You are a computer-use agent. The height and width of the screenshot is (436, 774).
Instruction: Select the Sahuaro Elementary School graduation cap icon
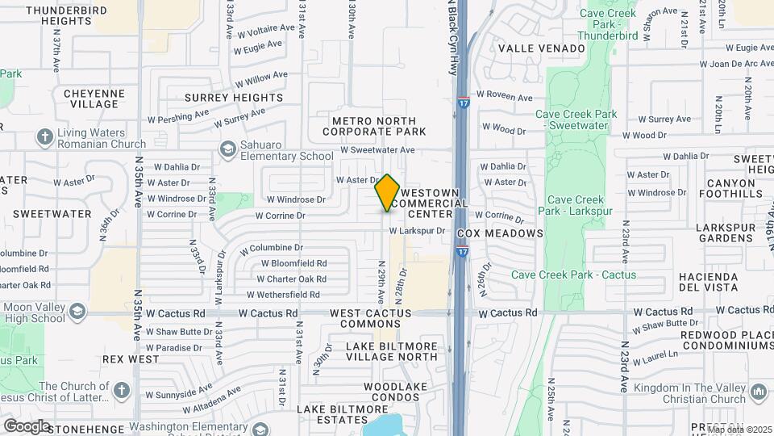pyautogui.click(x=228, y=149)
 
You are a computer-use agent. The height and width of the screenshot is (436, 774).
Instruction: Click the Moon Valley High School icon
pyautogui.click(x=77, y=312)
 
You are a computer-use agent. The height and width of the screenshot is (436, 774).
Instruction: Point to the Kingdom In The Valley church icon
pyautogui.click(x=757, y=392)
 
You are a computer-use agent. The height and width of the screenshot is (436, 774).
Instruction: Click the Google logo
pyautogui.click(x=27, y=426)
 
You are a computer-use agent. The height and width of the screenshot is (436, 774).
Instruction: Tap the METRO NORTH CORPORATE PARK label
pyautogui.click(x=378, y=126)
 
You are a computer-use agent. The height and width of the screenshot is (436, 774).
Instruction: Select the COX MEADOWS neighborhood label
pyautogui.click(x=500, y=233)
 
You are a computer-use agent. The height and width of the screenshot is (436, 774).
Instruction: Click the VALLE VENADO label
pyautogui.click(x=541, y=48)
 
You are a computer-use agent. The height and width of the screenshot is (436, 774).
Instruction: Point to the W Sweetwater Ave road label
pyautogui.click(x=377, y=149)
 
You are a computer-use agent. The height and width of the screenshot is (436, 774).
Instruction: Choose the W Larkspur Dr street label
pyautogui.click(x=417, y=230)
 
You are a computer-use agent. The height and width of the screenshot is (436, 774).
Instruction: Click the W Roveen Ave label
pyautogui.click(x=506, y=98)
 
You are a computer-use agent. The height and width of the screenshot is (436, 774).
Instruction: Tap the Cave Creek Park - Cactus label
pyautogui.click(x=573, y=275)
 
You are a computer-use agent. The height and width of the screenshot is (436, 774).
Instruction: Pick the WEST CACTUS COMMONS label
pyautogui.click(x=371, y=318)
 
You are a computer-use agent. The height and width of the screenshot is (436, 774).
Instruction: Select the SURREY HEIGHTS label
pyautogui.click(x=234, y=98)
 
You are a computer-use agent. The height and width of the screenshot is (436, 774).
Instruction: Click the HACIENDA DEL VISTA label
pyautogui.click(x=709, y=282)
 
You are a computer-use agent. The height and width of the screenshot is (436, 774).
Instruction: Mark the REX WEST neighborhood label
pyautogui.click(x=131, y=358)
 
